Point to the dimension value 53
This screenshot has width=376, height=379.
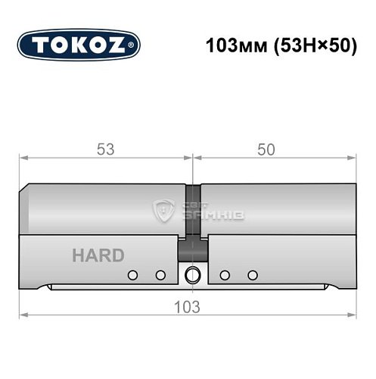click(106, 149)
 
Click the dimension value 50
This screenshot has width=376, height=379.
click(266, 149)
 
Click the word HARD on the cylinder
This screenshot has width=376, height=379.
click(98, 255)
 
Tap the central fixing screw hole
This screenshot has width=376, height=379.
click(192, 274)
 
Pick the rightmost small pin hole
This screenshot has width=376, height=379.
click(253, 274)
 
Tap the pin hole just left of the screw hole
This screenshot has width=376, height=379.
click(160, 274)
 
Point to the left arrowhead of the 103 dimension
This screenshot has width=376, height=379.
click(23, 316)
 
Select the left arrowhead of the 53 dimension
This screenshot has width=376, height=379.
click(23, 158)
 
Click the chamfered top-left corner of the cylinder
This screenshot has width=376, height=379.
click(26, 188)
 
